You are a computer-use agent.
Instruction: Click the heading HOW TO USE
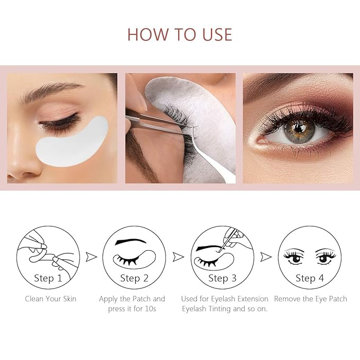(180, 34)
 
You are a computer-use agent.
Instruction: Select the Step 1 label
(48, 278)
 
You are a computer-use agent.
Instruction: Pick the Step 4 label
(310, 278)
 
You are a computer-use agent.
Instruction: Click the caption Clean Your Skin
(50, 299)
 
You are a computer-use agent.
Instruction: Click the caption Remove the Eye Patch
(310, 299)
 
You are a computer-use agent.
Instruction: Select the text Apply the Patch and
(132, 299)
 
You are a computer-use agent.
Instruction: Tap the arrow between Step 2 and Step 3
(179, 257)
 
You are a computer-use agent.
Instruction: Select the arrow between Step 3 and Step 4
(266, 257)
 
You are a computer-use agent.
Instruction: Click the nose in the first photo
(19, 162)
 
